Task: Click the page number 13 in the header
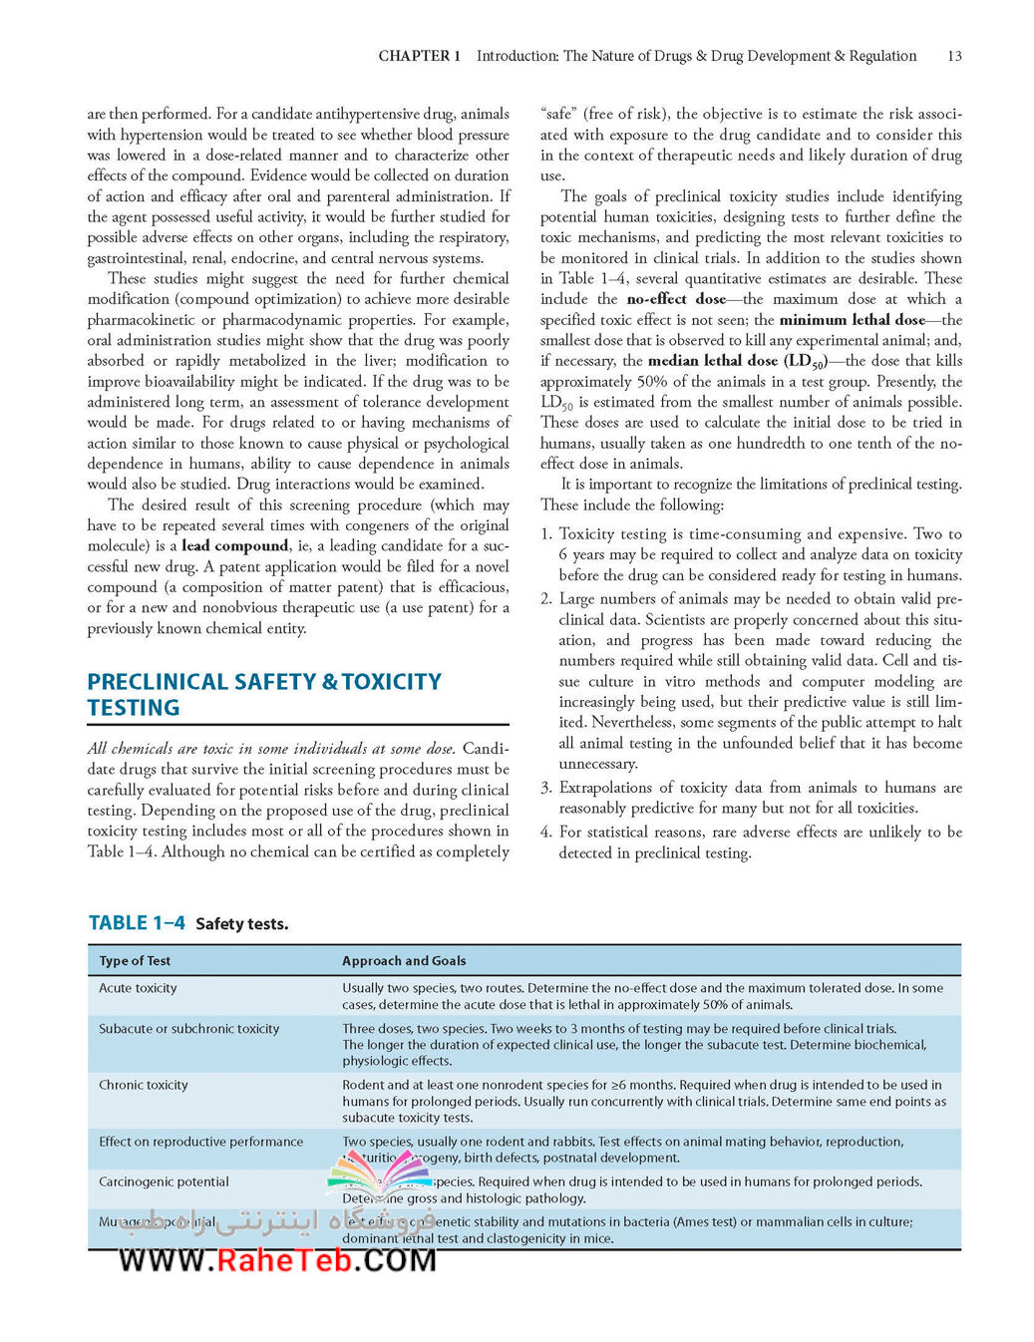click(x=954, y=56)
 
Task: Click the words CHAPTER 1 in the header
click(x=419, y=56)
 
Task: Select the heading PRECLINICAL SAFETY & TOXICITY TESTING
click(x=264, y=694)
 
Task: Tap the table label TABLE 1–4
click(x=137, y=922)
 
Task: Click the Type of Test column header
click(x=135, y=960)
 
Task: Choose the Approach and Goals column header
click(x=404, y=960)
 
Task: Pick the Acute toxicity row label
click(x=138, y=988)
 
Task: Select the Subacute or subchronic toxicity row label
click(x=188, y=1028)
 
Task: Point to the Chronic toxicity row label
click(x=143, y=1085)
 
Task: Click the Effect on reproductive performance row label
click(x=200, y=1142)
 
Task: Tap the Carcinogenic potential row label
click(x=164, y=1181)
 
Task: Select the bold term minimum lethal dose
click(x=853, y=320)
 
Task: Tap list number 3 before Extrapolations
click(x=545, y=788)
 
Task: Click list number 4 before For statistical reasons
click(x=545, y=832)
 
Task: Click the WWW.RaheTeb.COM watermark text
click(x=277, y=1260)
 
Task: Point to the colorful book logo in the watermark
click(x=378, y=1176)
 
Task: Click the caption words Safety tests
click(x=241, y=923)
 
